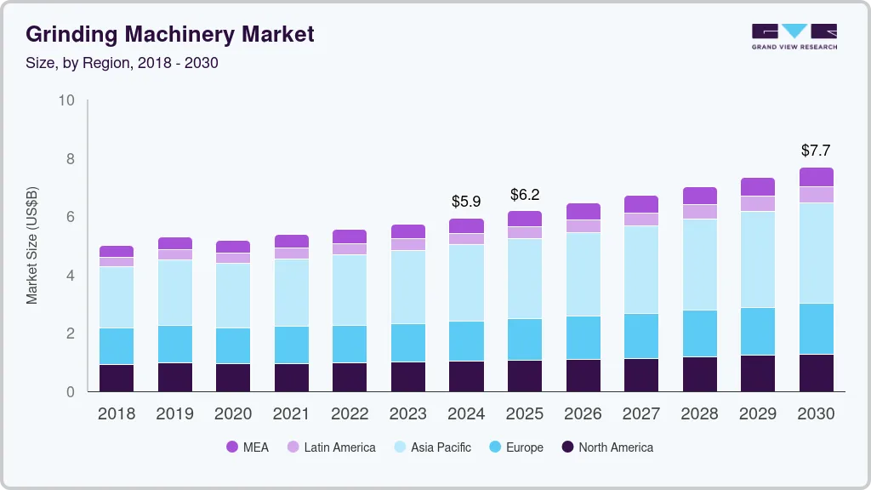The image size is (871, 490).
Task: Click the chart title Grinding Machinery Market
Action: tap(170, 34)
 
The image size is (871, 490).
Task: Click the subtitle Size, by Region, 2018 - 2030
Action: tap(122, 63)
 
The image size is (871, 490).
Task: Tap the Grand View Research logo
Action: tap(794, 37)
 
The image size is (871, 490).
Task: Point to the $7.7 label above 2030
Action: tap(816, 151)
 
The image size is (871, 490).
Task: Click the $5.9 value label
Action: tap(466, 202)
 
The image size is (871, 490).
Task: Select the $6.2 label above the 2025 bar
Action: tap(525, 195)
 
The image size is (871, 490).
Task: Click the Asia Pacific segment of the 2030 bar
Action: tap(816, 253)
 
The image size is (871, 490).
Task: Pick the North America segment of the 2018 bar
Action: tap(117, 378)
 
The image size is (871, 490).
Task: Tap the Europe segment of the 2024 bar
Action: tap(466, 341)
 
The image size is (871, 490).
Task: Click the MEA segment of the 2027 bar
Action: tap(641, 204)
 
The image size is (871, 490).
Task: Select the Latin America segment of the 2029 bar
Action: tap(758, 203)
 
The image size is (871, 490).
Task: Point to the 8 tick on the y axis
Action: tap(67, 159)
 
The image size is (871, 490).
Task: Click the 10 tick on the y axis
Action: tap(65, 100)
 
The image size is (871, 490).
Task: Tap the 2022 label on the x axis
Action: tap(350, 414)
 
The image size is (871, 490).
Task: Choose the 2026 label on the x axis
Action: tap(583, 414)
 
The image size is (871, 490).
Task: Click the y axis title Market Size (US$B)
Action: tap(31, 246)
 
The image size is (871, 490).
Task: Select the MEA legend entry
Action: tap(247, 447)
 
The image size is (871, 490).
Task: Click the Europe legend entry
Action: tap(515, 447)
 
